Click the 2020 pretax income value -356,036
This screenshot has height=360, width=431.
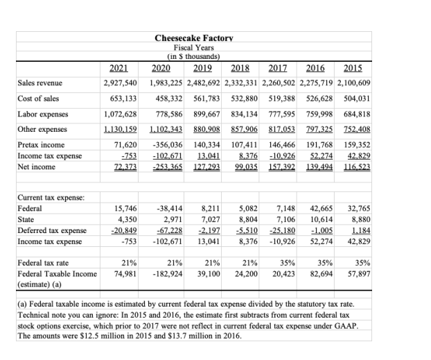165,145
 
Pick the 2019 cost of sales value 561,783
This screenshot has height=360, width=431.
206,98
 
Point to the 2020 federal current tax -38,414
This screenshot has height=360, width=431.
169,207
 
